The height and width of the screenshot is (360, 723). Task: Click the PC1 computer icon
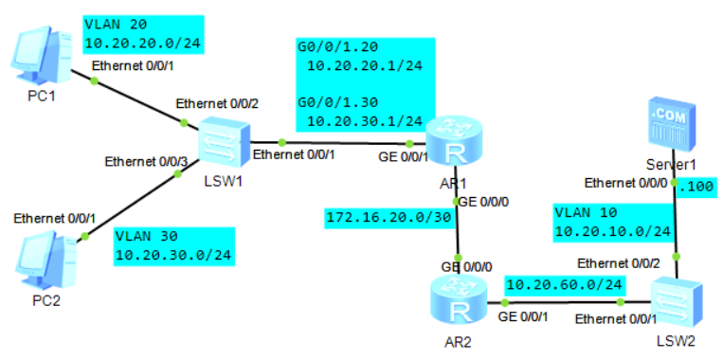click(x=42, y=56)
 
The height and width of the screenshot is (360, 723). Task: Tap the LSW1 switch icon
click(x=224, y=145)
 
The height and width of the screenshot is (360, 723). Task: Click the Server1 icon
click(x=672, y=125)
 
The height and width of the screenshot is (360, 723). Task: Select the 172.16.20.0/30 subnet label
click(x=388, y=217)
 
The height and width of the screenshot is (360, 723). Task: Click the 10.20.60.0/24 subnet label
click(x=566, y=284)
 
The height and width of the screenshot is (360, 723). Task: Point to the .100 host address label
click(x=697, y=188)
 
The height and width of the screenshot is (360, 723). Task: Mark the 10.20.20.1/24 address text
click(x=364, y=65)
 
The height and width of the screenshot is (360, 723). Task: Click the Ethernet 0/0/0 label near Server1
click(x=625, y=183)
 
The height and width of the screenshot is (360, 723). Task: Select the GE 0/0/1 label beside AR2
click(x=522, y=318)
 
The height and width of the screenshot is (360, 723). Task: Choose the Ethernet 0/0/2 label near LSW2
click(x=620, y=263)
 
